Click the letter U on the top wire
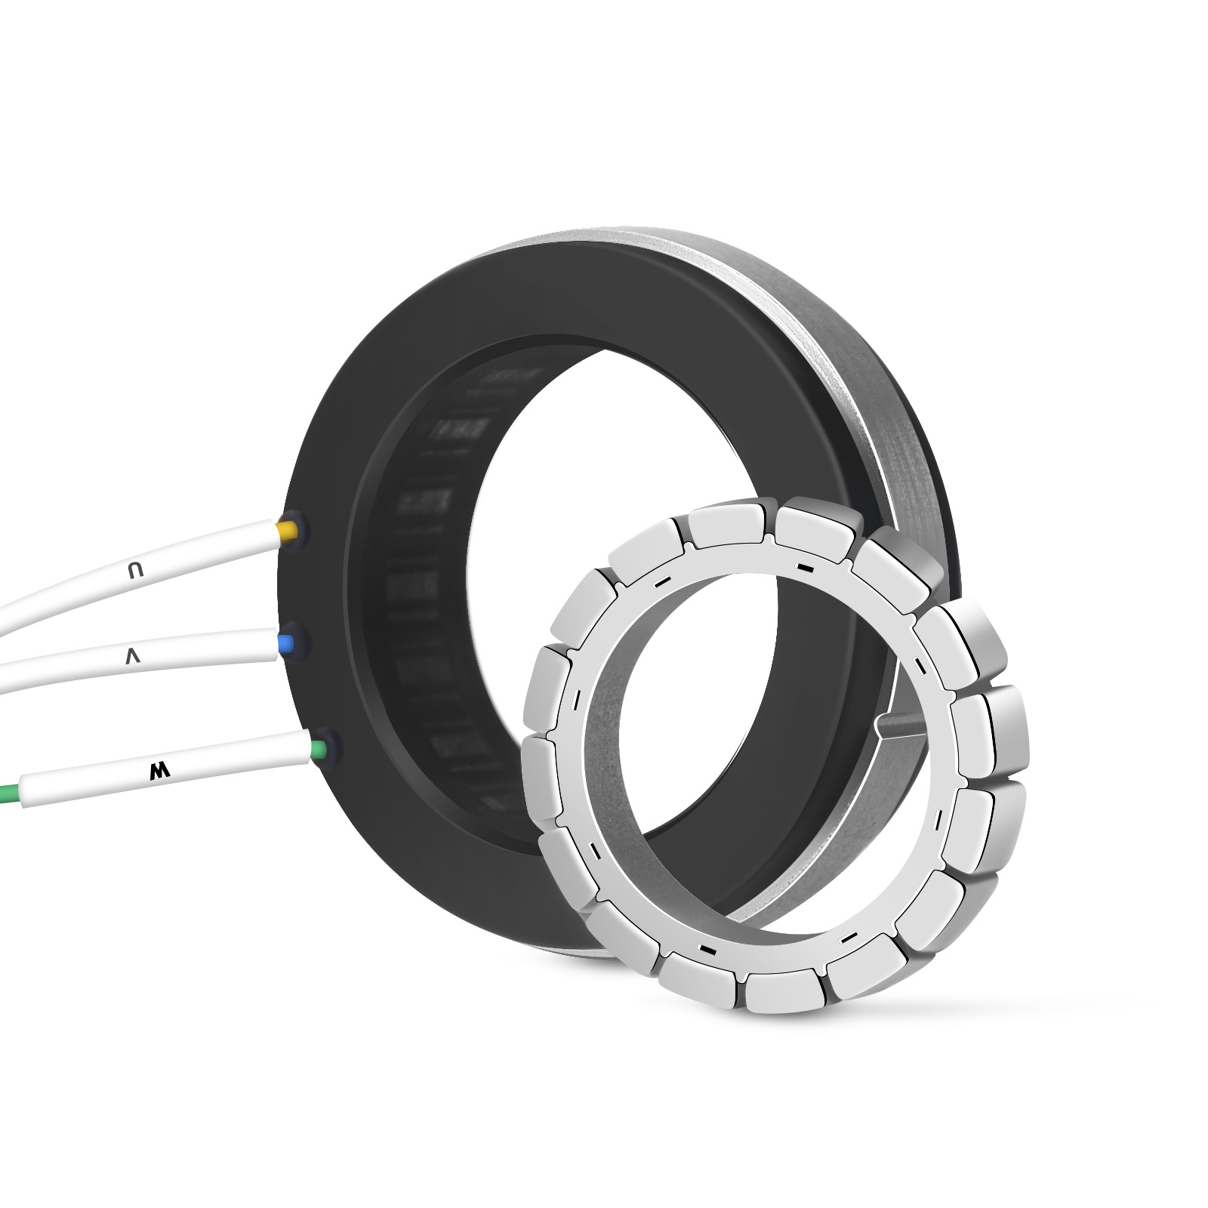pyautogui.click(x=135, y=572)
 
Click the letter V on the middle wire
pyautogui.click(x=134, y=657)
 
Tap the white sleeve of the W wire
pyautogui.click(x=166, y=770)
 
